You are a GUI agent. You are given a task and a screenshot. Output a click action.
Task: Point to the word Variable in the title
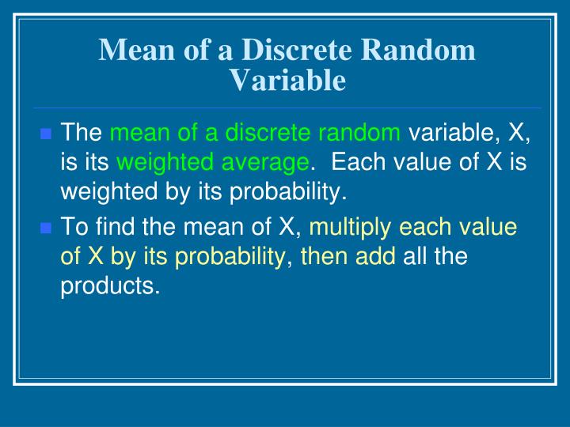coord(287,80)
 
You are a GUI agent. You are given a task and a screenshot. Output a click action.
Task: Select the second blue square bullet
coord(45,229)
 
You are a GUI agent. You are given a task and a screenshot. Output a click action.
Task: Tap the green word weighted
coord(165,163)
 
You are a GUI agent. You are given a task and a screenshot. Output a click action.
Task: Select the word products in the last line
coord(110,286)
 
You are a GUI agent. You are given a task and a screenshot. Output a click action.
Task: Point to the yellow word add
coord(380,257)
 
